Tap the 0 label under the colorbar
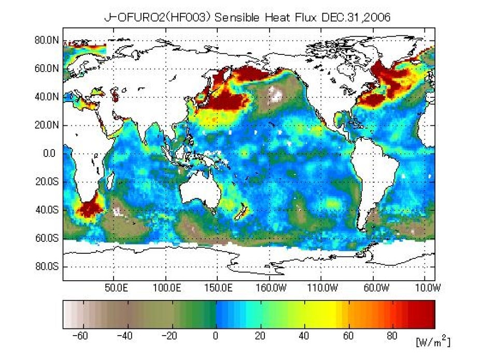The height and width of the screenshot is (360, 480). tap(216, 336)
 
